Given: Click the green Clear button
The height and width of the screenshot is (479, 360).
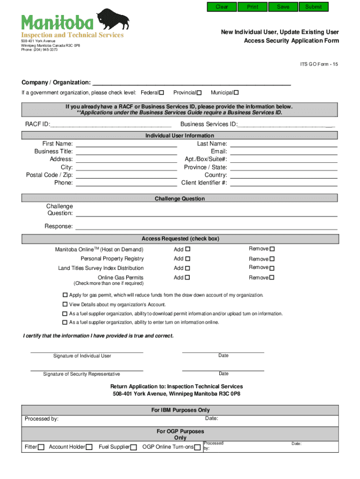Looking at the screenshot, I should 222,7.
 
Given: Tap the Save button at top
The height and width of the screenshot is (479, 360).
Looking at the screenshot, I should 283,7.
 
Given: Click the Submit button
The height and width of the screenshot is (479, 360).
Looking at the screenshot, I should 313,7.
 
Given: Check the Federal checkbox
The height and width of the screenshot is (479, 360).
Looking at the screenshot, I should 162,93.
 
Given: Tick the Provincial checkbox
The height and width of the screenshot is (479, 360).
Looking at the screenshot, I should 199,93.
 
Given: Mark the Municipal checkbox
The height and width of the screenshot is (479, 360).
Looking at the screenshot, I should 236,93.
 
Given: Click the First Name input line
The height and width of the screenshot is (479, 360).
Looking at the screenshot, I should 126,144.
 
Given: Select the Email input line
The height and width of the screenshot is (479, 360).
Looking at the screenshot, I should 283,152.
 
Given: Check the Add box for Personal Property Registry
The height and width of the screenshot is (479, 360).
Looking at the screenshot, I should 187,259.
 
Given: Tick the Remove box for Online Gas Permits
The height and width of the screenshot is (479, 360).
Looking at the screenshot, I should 272,278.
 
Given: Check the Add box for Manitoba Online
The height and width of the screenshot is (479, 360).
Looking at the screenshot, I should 187,249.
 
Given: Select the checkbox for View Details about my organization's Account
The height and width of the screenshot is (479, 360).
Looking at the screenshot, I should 65,305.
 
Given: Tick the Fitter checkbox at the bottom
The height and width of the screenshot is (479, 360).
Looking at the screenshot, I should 41,447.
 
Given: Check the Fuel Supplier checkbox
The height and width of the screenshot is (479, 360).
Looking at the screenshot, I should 134,447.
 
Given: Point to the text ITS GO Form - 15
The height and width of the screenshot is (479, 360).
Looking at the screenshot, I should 319,65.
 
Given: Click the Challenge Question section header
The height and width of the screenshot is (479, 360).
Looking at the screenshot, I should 180,199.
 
